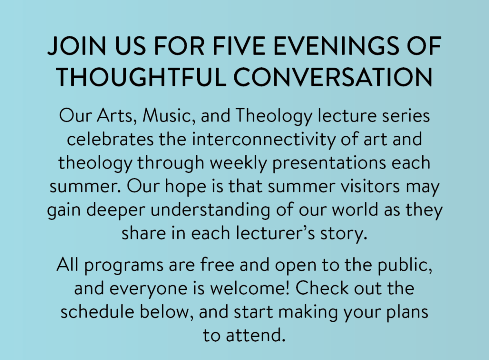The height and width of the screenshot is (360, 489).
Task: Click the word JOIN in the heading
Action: pyautogui.click(x=77, y=46)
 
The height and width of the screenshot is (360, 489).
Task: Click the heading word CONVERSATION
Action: pyautogui.click(x=333, y=77)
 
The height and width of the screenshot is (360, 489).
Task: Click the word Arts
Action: pyautogui.click(x=115, y=115)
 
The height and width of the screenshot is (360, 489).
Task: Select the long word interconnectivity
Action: pyautogui.click(x=264, y=139)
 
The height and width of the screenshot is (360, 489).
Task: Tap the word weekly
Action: pyautogui.click(x=238, y=163)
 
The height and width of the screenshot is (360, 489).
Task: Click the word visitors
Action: pyautogui.click(x=370, y=187)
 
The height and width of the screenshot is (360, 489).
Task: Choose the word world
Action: pyautogui.click(x=355, y=210)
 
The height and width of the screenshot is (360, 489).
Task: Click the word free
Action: pyautogui.click(x=217, y=264)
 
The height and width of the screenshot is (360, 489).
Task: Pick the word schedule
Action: pyautogui.click(x=97, y=311)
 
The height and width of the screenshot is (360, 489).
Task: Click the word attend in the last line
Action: pyautogui.click(x=256, y=335)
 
